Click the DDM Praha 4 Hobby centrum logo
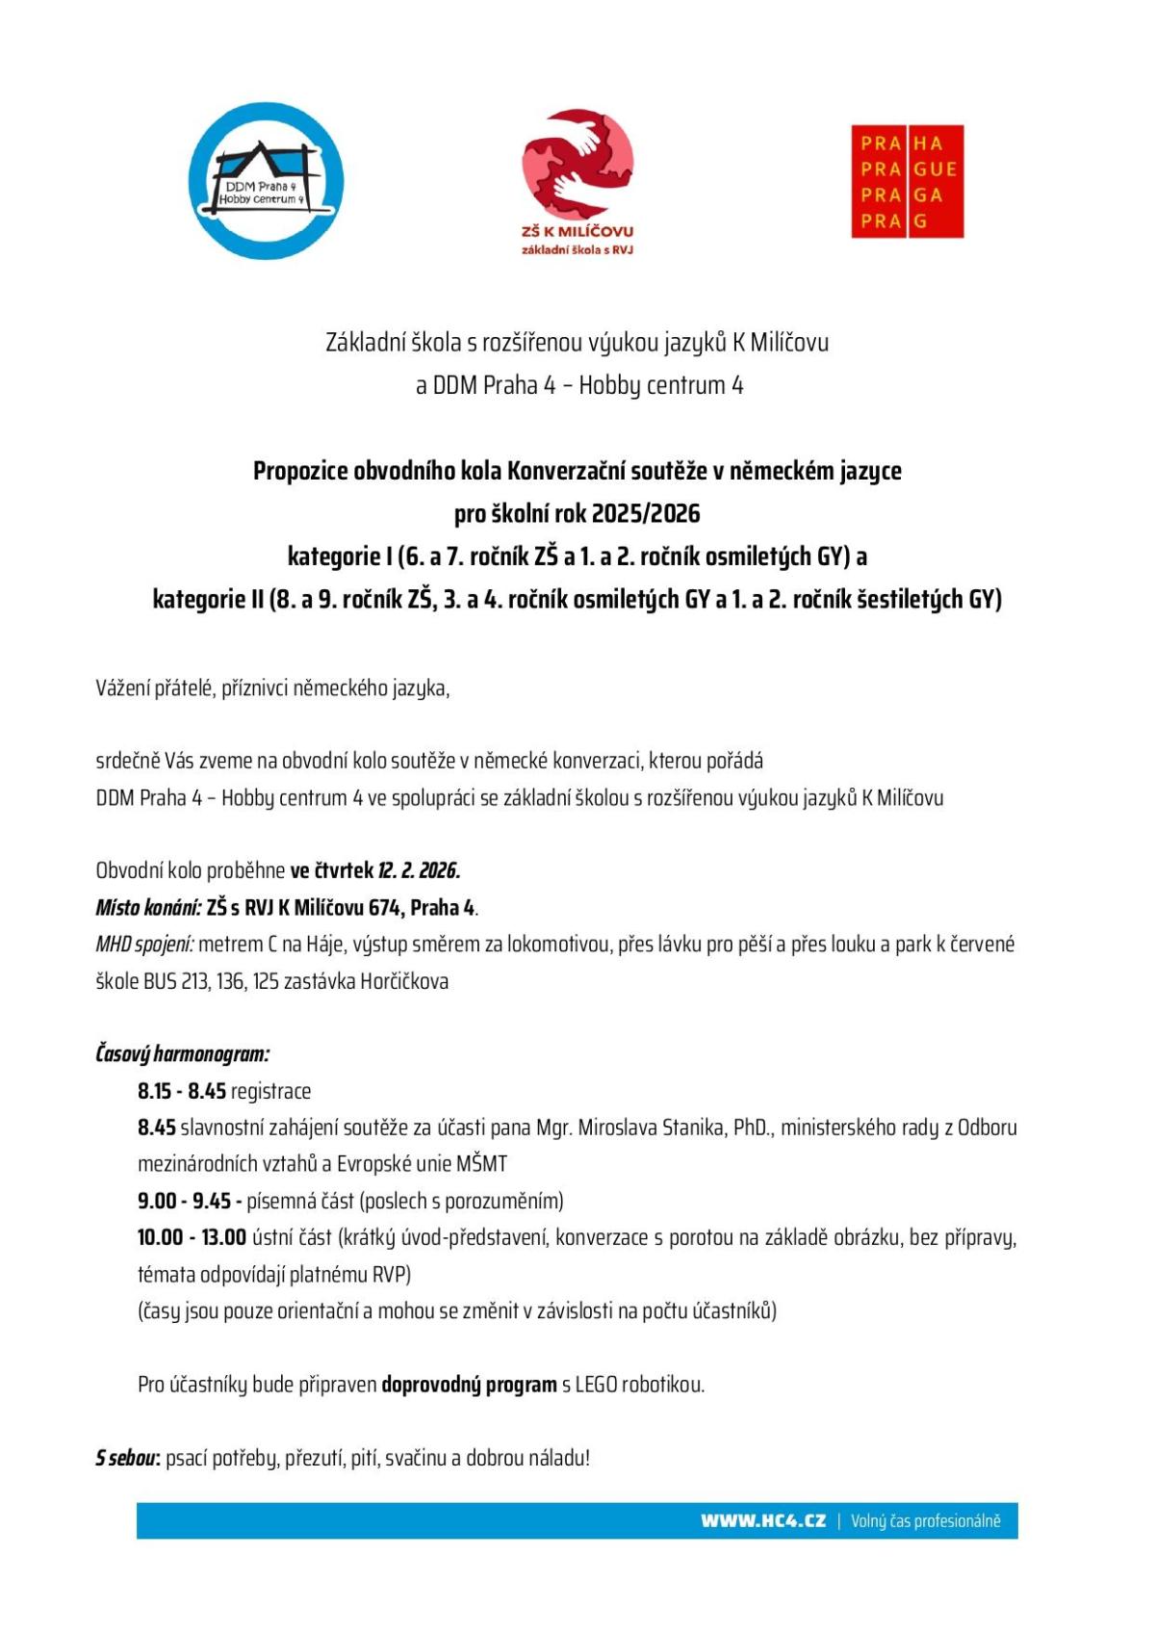tap(266, 181)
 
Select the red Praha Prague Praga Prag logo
tap(907, 181)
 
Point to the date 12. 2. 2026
tap(419, 870)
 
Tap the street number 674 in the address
tap(385, 907)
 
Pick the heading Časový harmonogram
tap(182, 1053)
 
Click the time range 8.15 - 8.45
tap(181, 1091)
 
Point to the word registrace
tap(270, 1091)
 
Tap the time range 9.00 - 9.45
tap(184, 1201)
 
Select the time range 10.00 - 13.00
tap(192, 1237)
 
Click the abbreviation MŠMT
tap(481, 1164)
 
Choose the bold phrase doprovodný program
tap(469, 1385)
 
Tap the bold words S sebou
tap(126, 1458)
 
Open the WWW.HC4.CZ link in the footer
tap(763, 1520)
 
